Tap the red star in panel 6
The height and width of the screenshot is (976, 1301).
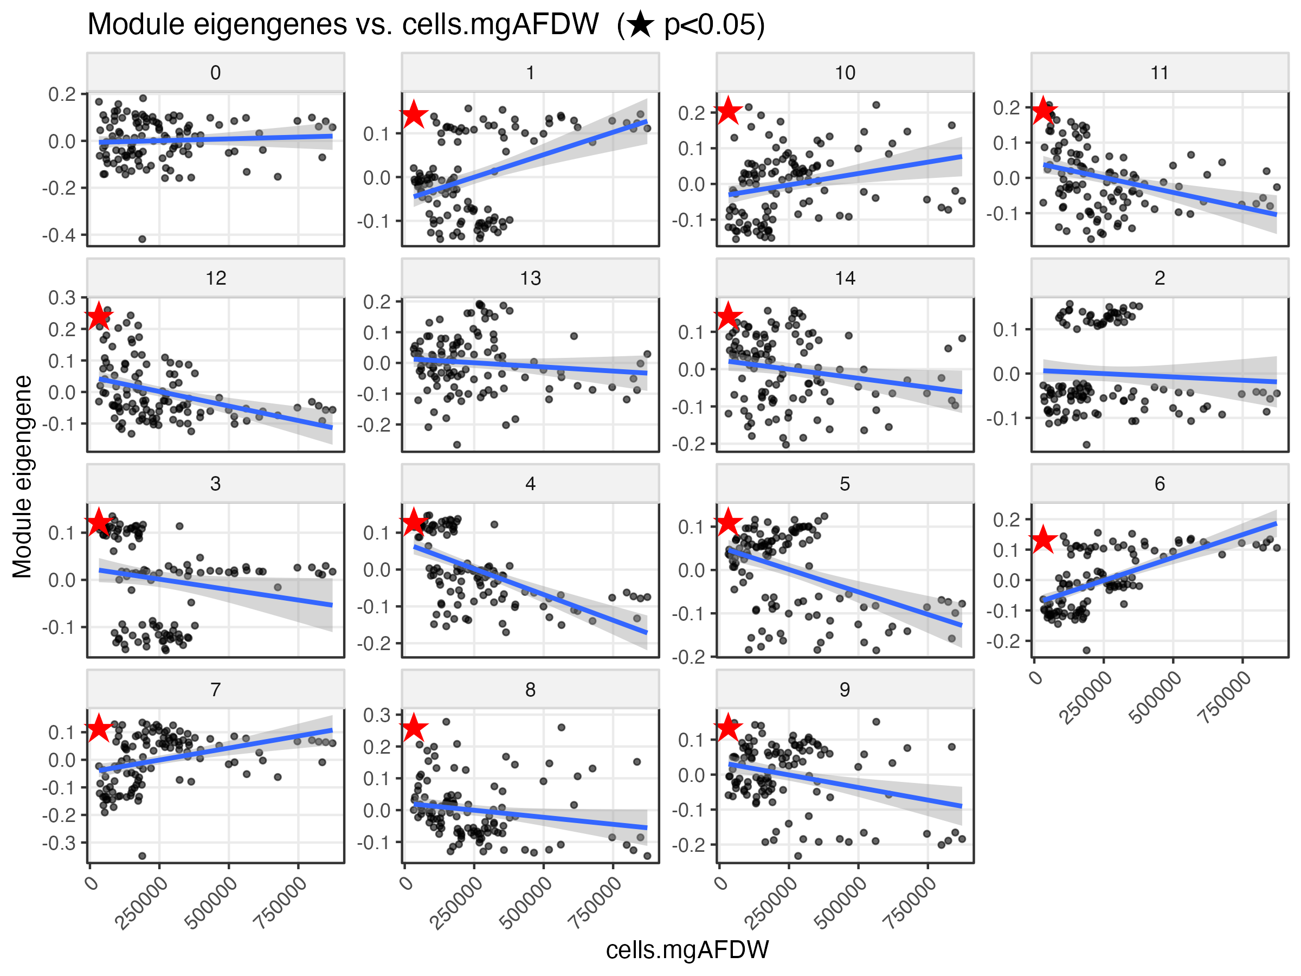pos(1044,539)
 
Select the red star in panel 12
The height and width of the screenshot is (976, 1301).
pos(99,316)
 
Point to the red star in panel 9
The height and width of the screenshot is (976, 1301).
pos(728,727)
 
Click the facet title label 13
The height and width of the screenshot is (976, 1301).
pos(530,278)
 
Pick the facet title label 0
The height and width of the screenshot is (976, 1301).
pos(215,73)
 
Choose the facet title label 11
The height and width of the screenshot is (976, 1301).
pos(1160,73)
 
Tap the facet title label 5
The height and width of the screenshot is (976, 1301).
pos(845,484)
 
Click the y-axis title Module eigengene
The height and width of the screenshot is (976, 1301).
pos(22,477)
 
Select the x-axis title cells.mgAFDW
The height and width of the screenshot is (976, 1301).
pos(687,949)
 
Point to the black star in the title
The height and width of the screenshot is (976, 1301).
pos(640,25)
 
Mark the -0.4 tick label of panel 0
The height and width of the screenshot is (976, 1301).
pos(59,235)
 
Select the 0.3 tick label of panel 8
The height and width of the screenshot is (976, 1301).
pos(377,715)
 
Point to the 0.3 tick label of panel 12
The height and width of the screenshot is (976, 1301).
pos(62,298)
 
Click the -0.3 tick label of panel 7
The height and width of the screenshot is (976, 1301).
pos(59,843)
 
